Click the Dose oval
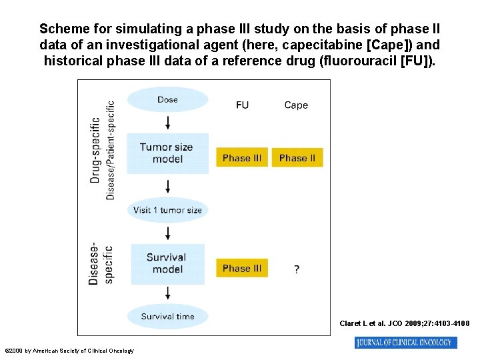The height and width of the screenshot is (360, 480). coord(167,100)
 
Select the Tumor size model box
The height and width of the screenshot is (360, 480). coord(167,153)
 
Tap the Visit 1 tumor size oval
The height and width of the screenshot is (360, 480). coord(167,210)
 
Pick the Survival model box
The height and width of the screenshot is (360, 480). coord(167,263)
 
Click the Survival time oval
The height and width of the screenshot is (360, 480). coord(167,317)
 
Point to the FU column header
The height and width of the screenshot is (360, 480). coord(242,105)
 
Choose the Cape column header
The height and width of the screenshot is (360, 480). coord(296,105)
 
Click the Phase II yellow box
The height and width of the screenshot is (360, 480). coord(297,158)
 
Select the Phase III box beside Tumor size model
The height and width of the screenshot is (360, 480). coord(241,158)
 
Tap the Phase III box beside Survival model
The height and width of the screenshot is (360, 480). coord(241,268)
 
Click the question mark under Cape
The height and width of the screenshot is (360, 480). coord(297,269)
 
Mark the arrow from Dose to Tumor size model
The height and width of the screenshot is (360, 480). coord(167,123)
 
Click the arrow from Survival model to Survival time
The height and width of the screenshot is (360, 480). coord(167,293)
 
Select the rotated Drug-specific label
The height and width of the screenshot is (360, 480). coord(95,150)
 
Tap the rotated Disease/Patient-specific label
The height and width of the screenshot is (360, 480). coord(111,150)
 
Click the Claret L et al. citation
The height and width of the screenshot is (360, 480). coord(404,324)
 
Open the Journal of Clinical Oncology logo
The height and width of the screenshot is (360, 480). coord(405,343)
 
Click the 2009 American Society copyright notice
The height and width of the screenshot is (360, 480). coord(69,351)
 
